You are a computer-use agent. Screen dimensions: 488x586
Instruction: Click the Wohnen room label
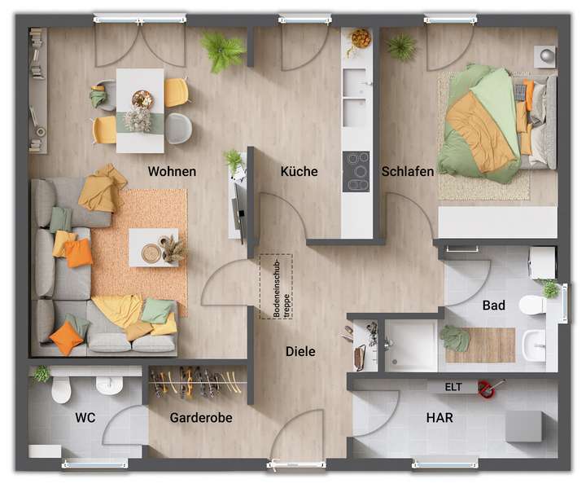(172, 172)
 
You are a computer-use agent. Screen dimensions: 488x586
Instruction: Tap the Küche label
(299, 172)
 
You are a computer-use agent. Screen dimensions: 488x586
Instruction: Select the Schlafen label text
(407, 172)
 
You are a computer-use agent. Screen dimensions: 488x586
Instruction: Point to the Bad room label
(493, 306)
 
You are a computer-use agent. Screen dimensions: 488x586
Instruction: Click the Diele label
(300, 352)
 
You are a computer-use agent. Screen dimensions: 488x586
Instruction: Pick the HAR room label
(439, 418)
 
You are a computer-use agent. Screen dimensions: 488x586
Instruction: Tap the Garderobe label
(201, 418)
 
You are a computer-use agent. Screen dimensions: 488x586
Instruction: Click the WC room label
(85, 418)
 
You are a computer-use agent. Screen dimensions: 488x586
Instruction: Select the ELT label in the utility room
(453, 387)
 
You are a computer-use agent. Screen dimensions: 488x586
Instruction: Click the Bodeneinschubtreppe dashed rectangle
(276, 286)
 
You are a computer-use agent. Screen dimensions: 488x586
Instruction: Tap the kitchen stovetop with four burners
(356, 172)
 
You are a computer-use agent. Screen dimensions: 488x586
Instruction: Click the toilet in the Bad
(533, 305)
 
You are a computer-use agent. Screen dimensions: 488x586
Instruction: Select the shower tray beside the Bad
(411, 345)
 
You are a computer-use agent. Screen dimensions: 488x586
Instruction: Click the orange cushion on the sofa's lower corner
(66, 338)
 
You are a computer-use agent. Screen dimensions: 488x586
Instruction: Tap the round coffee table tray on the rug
(151, 253)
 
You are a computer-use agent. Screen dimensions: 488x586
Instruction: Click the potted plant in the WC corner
(40, 374)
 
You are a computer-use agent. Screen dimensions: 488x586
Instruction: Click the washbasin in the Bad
(535, 345)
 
